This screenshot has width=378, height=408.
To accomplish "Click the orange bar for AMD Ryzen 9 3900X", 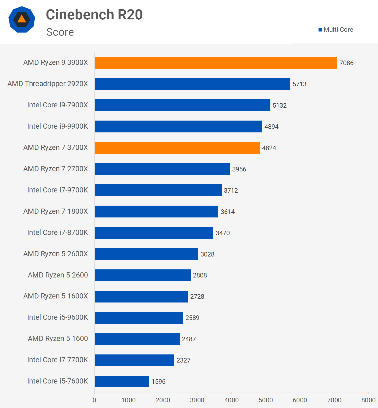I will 216,63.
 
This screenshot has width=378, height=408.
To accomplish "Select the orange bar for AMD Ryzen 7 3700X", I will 177,148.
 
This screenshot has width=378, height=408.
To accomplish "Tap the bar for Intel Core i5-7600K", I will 122,381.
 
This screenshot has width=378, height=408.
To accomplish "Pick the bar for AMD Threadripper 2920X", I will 192,84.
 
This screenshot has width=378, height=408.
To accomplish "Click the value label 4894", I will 271,127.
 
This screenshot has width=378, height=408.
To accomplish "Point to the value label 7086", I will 346,63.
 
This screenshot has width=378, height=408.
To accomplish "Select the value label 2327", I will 183,360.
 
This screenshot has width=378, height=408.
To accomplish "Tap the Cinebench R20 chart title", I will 94,15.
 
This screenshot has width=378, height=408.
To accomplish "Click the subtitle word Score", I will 60,32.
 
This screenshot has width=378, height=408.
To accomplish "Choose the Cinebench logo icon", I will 22,19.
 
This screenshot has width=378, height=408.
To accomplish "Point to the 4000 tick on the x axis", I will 231,400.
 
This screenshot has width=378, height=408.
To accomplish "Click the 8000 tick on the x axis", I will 368,400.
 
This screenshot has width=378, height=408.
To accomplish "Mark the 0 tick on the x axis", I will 94,400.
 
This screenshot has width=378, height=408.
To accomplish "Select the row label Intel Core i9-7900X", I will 57,105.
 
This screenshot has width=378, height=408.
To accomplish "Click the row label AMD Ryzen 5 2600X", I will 55,254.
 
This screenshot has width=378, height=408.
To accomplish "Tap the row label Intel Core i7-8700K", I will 57,233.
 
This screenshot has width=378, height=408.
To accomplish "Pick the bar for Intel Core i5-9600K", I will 139,318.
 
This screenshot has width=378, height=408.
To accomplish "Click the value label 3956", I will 239,169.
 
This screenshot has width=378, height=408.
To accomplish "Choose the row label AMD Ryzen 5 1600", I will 58,339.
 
